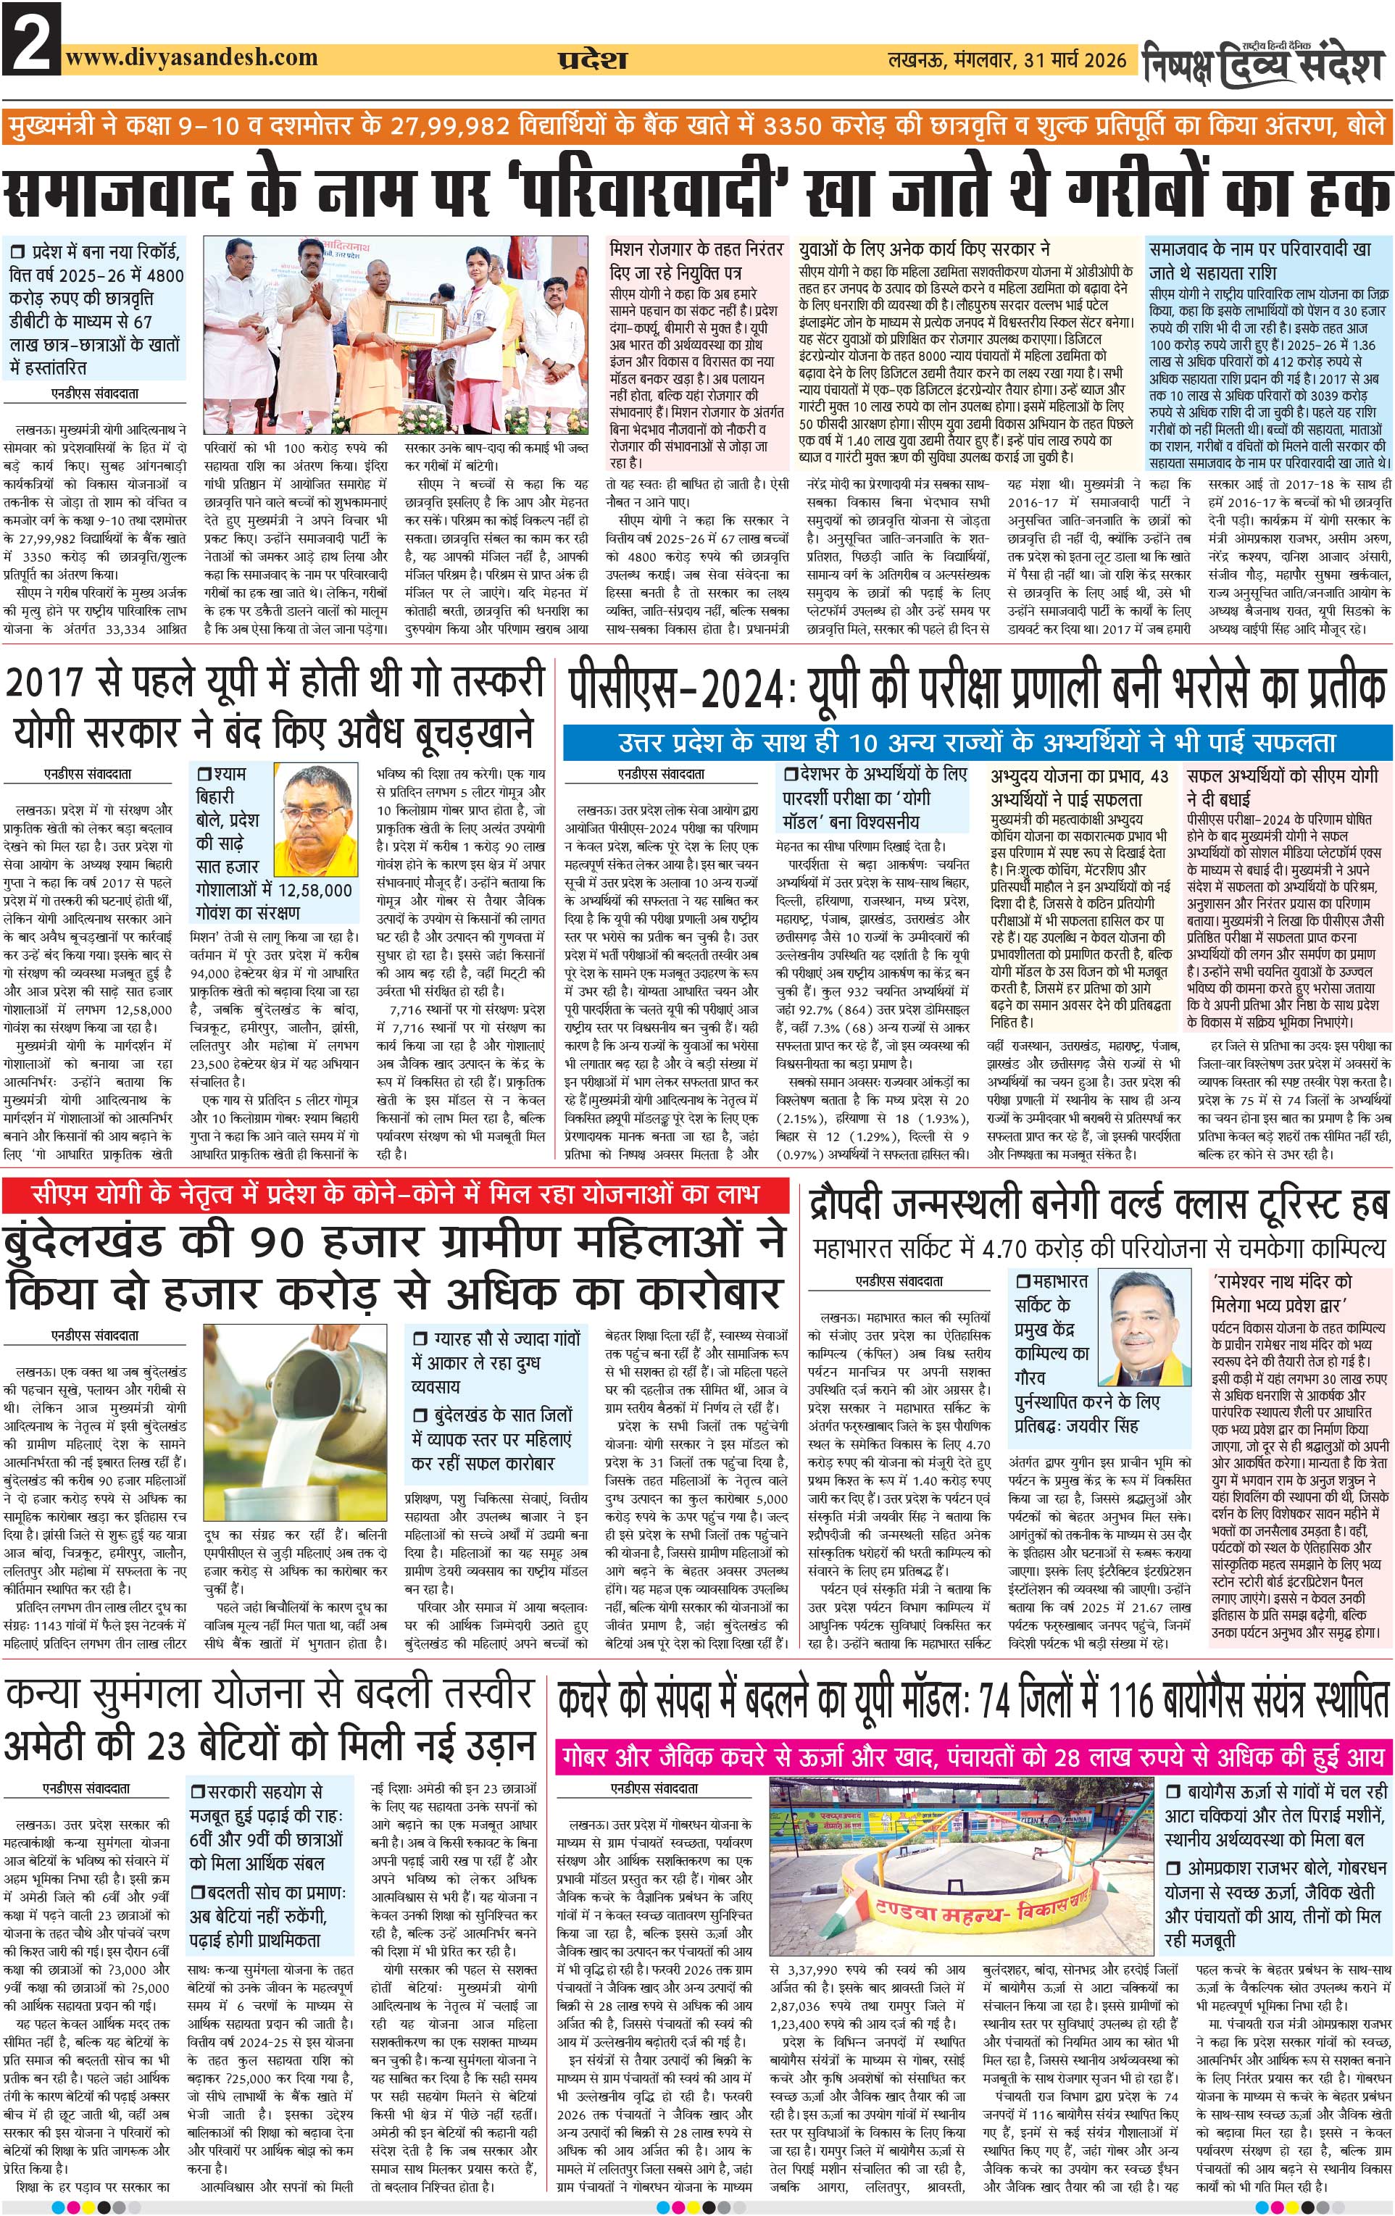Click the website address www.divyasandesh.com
(x=191, y=57)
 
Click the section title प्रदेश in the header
(x=593, y=60)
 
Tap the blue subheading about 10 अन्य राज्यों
(x=975, y=742)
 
